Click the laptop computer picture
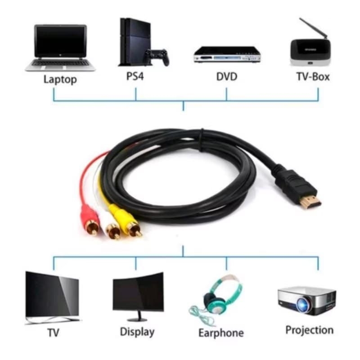(60, 47)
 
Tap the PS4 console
(132, 41)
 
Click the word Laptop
(60, 80)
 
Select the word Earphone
(221, 333)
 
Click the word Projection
(310, 330)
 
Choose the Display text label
(137, 332)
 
